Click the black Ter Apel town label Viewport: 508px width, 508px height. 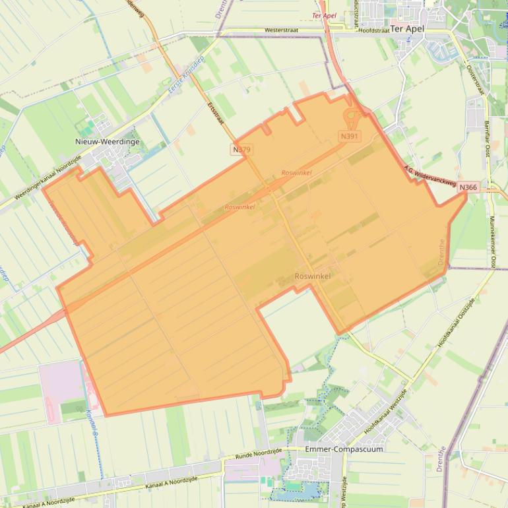click(407, 29)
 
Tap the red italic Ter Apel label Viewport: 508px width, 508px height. click(324, 15)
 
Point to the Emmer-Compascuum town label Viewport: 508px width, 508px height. click(344, 449)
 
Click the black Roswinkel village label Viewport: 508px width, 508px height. click(313, 276)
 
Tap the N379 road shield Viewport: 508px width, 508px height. click(242, 150)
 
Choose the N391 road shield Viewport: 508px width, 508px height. click(350, 136)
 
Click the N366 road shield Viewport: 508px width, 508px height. click(468, 187)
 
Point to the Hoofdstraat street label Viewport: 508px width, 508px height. click(374, 30)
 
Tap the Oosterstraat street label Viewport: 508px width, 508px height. click(475, 80)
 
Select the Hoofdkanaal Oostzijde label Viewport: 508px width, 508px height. click(457, 323)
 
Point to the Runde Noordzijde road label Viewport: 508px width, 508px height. click(259, 454)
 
